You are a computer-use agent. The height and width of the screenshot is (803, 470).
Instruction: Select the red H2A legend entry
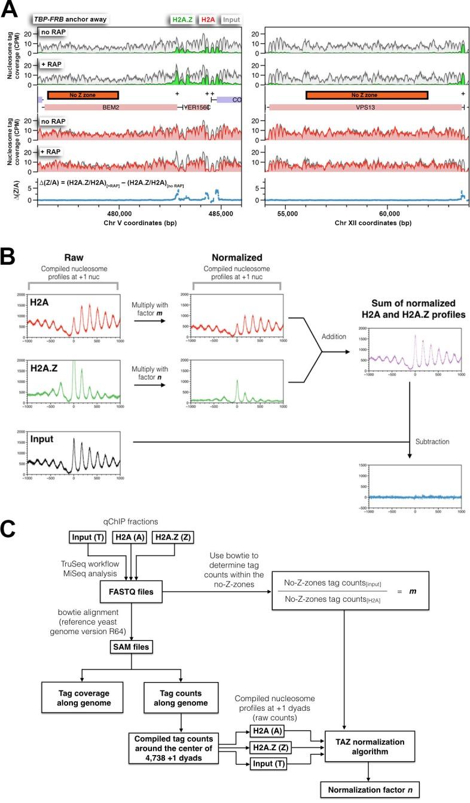point(210,20)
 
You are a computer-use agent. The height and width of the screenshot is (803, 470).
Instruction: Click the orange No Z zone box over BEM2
point(83,95)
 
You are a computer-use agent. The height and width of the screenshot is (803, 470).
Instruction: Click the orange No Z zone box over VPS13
point(367,95)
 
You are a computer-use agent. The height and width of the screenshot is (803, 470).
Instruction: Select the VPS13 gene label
point(365,107)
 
